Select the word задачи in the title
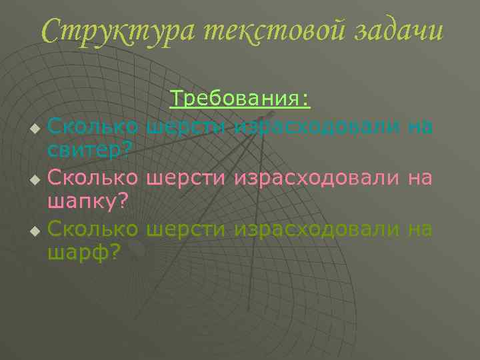pos(397,31)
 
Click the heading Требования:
pos(240,99)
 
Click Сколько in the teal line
pos(93,125)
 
